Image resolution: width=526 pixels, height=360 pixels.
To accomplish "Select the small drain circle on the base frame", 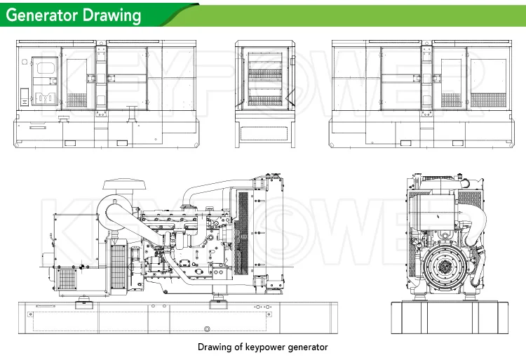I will pyautogui.click(x=206, y=329).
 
